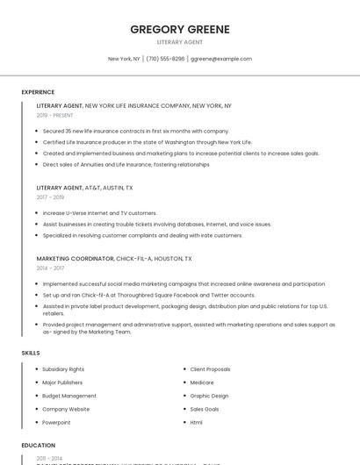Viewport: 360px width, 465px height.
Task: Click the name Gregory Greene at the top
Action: pos(180,29)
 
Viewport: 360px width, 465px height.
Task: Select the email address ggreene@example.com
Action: pos(221,59)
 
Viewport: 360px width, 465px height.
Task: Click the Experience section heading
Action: pos(38,92)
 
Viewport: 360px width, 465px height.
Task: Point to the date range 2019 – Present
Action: pos(54,115)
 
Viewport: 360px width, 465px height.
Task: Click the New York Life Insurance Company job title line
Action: pos(133,105)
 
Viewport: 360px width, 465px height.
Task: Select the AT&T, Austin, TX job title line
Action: pos(84,188)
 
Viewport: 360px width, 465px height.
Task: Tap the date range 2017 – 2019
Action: pos(49,197)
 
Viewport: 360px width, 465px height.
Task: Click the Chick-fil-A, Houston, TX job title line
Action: pos(114,259)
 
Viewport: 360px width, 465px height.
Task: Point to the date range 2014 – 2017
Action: pos(49,268)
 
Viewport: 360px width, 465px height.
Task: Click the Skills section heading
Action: pos(31,353)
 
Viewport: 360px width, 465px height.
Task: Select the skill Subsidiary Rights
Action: pos(64,369)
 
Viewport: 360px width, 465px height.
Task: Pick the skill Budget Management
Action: pos(69,396)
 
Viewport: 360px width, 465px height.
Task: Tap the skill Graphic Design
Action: pos(209,396)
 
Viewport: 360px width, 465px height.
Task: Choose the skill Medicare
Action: pos(202,383)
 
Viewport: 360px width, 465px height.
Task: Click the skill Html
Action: pos(197,422)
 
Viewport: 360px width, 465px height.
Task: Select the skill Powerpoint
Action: pos(58,422)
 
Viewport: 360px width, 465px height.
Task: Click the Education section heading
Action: pos(38,446)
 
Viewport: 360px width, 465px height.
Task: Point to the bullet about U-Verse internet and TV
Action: pos(99,213)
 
